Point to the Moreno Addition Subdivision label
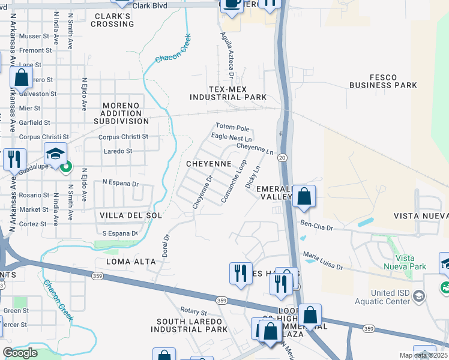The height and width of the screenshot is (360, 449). click(121, 113)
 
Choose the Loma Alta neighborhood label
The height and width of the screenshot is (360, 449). click(131, 262)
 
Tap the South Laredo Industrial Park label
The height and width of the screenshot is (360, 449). click(189, 326)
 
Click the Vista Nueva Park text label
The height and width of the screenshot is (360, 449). click(406, 262)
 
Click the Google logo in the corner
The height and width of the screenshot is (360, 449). click(20, 353)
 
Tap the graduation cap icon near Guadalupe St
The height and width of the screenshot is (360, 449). click(55, 154)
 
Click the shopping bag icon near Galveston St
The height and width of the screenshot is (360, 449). click(21, 77)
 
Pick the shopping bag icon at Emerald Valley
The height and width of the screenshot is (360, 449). click(304, 197)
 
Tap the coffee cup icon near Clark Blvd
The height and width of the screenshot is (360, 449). click(231, 4)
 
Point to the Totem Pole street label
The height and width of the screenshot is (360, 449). click(232, 128)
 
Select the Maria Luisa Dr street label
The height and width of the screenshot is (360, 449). click(323, 263)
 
